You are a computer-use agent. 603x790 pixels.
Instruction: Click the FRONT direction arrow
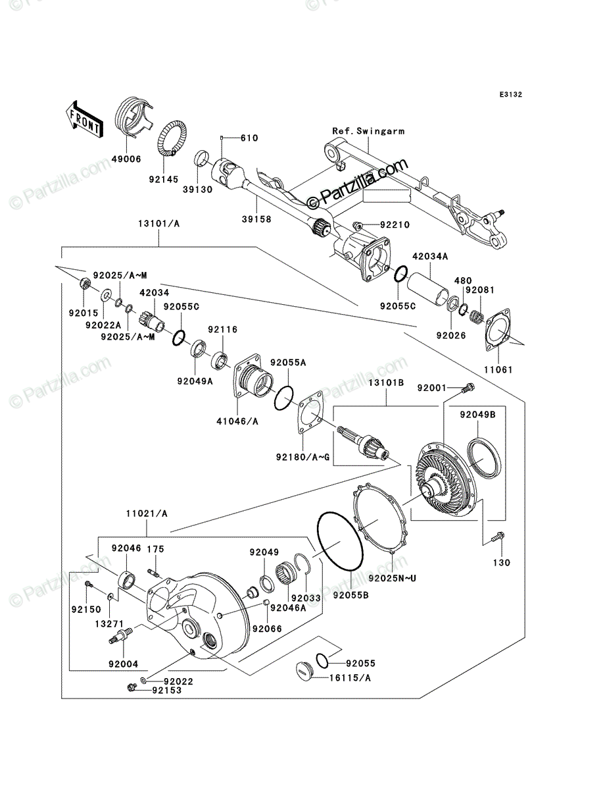tap(84, 119)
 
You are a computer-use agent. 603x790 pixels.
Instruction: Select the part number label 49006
tap(126, 159)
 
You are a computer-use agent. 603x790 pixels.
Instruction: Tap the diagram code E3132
tap(511, 95)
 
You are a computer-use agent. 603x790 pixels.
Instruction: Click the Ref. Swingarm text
tap(368, 132)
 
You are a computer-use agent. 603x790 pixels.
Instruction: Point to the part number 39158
tap(256, 219)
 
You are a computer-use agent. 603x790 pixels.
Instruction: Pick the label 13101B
tap(385, 382)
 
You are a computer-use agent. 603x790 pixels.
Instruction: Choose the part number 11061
tap(498, 369)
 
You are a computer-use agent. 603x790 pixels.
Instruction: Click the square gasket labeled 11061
tap(498, 329)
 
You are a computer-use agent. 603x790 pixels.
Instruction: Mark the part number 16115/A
tap(350, 678)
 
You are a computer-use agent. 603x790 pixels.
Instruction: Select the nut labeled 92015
tap(85, 283)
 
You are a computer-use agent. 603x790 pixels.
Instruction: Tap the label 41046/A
tap(237, 421)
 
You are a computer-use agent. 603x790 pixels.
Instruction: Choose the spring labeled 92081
tap(477, 317)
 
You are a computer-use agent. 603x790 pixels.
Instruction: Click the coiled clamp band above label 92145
tap(173, 138)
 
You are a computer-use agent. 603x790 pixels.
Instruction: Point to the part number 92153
tap(167, 691)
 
